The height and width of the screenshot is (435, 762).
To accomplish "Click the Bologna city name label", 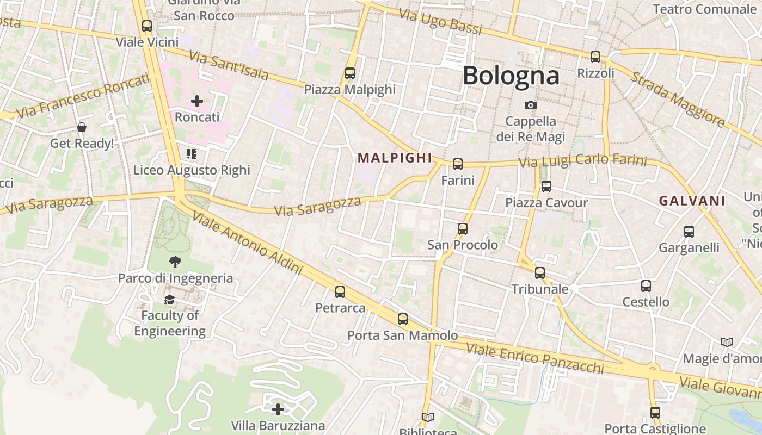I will [511, 76].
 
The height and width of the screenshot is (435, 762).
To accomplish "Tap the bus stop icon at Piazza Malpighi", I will [350, 73].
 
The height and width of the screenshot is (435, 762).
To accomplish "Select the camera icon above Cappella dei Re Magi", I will [531, 105].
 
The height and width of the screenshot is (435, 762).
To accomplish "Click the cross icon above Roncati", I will [197, 101].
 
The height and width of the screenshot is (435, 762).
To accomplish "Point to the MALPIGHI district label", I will [395, 158].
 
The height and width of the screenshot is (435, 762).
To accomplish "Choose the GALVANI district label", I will [692, 201].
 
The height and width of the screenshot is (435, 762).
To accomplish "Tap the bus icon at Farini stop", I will [458, 164].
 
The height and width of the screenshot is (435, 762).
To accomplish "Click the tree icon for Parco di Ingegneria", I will [175, 262].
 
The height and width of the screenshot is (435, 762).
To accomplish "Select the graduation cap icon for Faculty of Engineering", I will [170, 300].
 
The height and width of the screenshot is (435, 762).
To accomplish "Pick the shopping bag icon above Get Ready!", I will [82, 128].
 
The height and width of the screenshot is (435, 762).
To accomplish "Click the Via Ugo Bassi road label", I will [440, 22].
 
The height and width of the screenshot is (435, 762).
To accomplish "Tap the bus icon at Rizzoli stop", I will [595, 57].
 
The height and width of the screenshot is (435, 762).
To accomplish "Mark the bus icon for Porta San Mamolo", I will [403, 320].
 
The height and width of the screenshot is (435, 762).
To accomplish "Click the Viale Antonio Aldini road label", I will [247, 243].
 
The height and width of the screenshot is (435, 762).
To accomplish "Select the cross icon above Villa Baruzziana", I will [278, 409].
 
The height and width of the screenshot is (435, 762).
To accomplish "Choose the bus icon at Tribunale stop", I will [540, 273].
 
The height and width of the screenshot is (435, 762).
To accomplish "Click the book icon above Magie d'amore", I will [727, 343].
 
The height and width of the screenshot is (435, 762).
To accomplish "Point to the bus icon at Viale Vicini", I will [147, 26].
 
